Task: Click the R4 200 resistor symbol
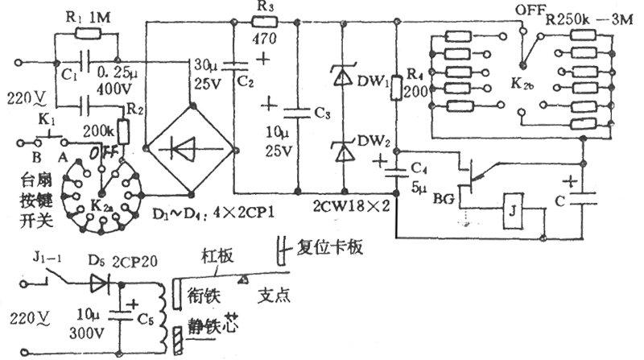click(397, 88)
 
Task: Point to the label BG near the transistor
click(444, 197)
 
